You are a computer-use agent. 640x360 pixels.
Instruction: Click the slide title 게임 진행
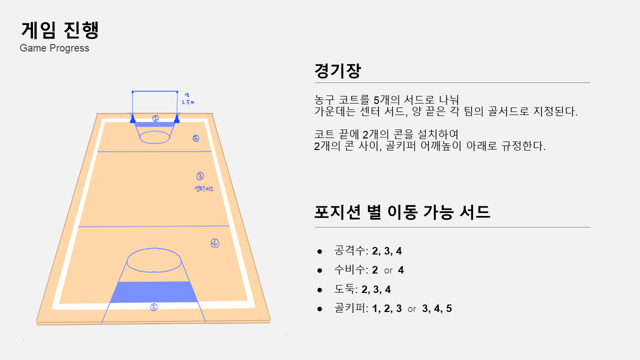(60, 30)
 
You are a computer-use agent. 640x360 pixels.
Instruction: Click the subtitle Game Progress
(54, 48)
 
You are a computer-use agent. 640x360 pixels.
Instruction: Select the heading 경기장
(337, 70)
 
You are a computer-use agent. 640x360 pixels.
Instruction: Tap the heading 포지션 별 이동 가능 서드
(402, 212)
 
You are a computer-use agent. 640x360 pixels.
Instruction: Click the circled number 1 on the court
(155, 118)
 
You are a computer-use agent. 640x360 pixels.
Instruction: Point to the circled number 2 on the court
(196, 138)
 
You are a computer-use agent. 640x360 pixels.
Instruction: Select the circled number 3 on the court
(200, 176)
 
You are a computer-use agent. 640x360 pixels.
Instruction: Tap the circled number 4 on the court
(215, 243)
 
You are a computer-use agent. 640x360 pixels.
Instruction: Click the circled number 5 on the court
(154, 307)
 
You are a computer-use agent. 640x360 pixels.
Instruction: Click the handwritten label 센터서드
(204, 188)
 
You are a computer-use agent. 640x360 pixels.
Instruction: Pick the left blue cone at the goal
(132, 119)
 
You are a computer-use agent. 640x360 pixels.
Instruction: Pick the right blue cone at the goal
(177, 119)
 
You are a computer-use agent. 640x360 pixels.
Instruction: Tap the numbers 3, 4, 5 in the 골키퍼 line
(437, 308)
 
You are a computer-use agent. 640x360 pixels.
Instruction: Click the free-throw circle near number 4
(154, 260)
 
